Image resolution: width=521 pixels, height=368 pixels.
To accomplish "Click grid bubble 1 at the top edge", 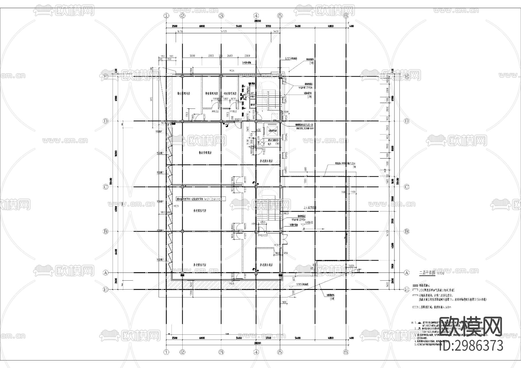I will [x=166, y=16].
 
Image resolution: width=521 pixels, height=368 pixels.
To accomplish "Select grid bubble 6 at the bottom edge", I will [x=346, y=352].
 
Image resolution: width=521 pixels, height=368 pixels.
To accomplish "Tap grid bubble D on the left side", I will [x=106, y=121].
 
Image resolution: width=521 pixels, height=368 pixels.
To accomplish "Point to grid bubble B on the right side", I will [x=407, y=231].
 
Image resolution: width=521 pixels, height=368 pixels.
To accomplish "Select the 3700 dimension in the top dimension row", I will [x=268, y=26].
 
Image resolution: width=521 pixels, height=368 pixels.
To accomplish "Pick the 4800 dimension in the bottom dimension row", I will [x=331, y=338].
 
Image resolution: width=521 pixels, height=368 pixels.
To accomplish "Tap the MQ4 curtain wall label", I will [x=232, y=71].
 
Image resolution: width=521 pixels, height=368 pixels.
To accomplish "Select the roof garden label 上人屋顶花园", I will [x=310, y=208].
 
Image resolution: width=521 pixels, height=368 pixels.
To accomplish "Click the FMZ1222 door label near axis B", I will [x=263, y=235].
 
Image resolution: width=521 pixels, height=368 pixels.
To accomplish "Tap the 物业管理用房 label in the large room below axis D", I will [x=205, y=153].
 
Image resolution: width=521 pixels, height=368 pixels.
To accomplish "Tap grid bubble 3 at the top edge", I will [x=221, y=16].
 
